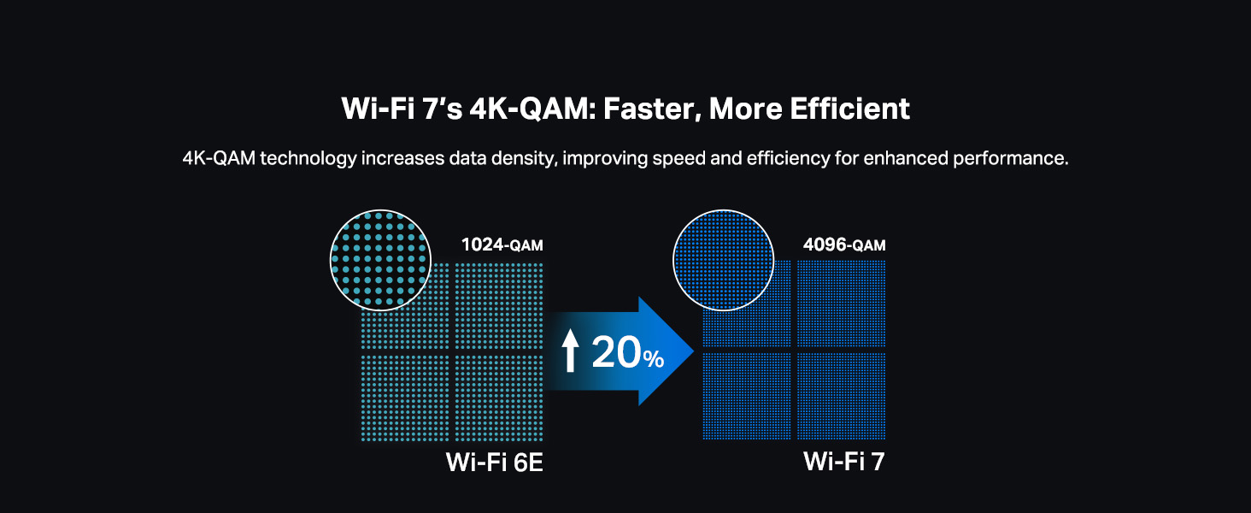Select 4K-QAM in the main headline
(x=513, y=109)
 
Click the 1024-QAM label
(x=502, y=245)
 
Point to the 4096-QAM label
(x=843, y=245)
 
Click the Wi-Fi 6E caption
(x=495, y=463)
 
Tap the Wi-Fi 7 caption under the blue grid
(x=843, y=463)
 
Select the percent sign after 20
(x=654, y=359)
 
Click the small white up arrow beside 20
(x=571, y=351)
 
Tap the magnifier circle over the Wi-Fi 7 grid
(x=722, y=260)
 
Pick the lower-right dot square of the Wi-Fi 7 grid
(x=841, y=396)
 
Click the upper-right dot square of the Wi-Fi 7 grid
(x=841, y=304)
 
